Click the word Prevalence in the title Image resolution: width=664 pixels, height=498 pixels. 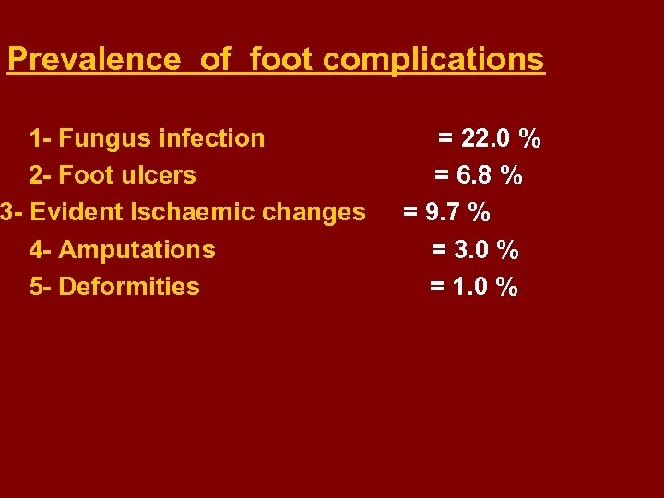(94, 60)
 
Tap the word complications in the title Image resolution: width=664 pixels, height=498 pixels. (433, 60)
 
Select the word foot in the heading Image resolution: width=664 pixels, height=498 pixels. (282, 60)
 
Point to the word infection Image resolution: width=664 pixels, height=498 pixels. (212, 138)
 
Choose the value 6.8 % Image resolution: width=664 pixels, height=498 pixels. (491, 175)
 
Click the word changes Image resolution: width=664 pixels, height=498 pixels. (314, 212)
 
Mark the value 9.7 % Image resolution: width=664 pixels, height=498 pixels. (458, 213)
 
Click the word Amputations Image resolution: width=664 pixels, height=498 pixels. (136, 250)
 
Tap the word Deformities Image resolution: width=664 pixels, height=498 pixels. (128, 287)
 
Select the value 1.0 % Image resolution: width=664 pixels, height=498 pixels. (486, 287)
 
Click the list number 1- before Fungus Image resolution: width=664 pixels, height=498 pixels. (41, 138)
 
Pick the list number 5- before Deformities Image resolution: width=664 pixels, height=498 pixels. (41, 287)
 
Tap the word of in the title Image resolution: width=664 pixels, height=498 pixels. (216, 60)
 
